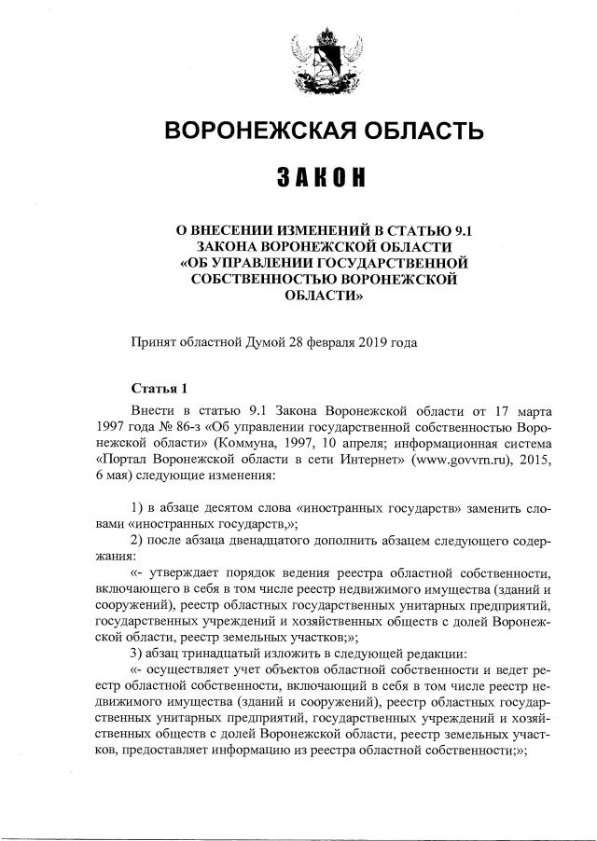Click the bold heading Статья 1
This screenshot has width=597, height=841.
pos(159,388)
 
